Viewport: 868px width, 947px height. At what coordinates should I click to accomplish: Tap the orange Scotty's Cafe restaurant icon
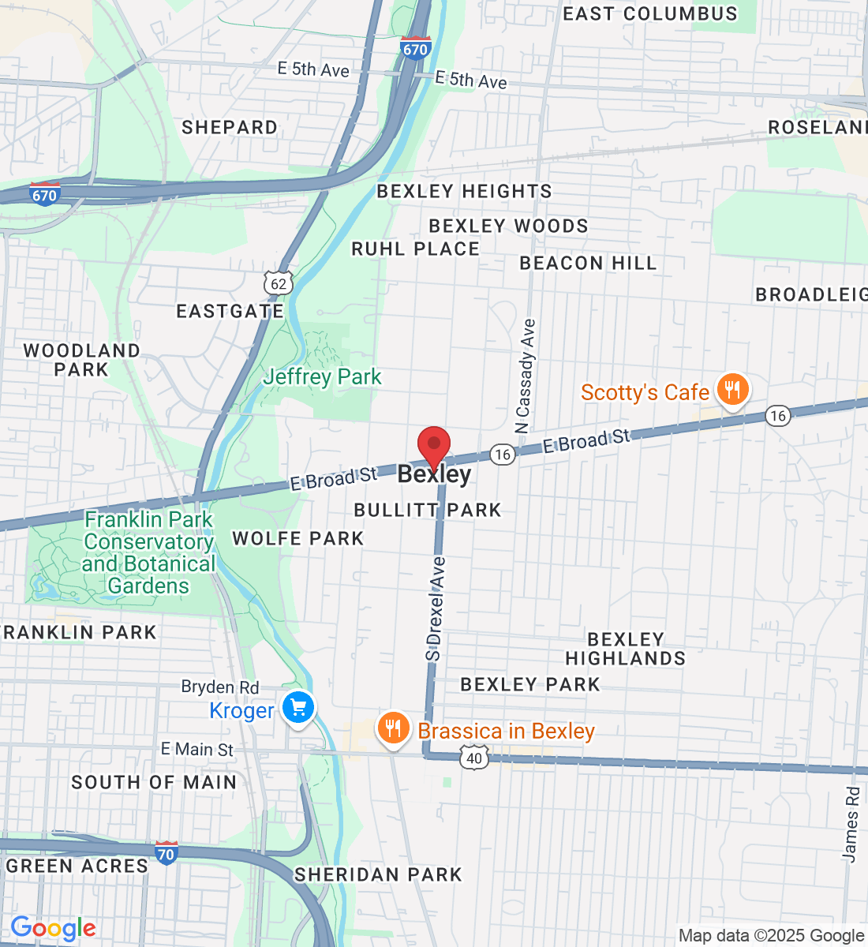[733, 389]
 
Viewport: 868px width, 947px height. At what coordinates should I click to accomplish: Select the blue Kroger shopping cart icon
[298, 708]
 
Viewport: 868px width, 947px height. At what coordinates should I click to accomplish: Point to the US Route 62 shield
[279, 284]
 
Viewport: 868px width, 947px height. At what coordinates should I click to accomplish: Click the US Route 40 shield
[473, 758]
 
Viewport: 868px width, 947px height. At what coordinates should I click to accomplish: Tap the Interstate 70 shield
[166, 853]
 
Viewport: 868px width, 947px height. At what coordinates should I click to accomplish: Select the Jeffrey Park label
[322, 377]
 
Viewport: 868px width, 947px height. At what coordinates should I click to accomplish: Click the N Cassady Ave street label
[525, 376]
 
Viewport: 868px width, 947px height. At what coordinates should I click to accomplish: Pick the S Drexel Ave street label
[435, 608]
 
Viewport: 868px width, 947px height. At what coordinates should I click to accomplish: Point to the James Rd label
[851, 824]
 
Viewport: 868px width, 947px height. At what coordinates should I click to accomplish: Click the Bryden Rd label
[220, 687]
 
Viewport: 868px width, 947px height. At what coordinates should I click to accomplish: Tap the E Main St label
[197, 749]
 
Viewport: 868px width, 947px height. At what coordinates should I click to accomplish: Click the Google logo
[53, 929]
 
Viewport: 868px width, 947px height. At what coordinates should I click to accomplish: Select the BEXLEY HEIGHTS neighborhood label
[464, 191]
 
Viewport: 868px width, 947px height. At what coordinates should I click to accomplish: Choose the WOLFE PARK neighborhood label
[297, 538]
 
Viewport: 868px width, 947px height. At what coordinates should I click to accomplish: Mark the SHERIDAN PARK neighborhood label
[378, 874]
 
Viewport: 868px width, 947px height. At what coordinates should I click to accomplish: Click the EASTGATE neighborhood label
[230, 311]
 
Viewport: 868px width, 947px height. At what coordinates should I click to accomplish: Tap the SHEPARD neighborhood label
[230, 127]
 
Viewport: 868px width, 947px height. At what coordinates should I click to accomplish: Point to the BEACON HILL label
[588, 263]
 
